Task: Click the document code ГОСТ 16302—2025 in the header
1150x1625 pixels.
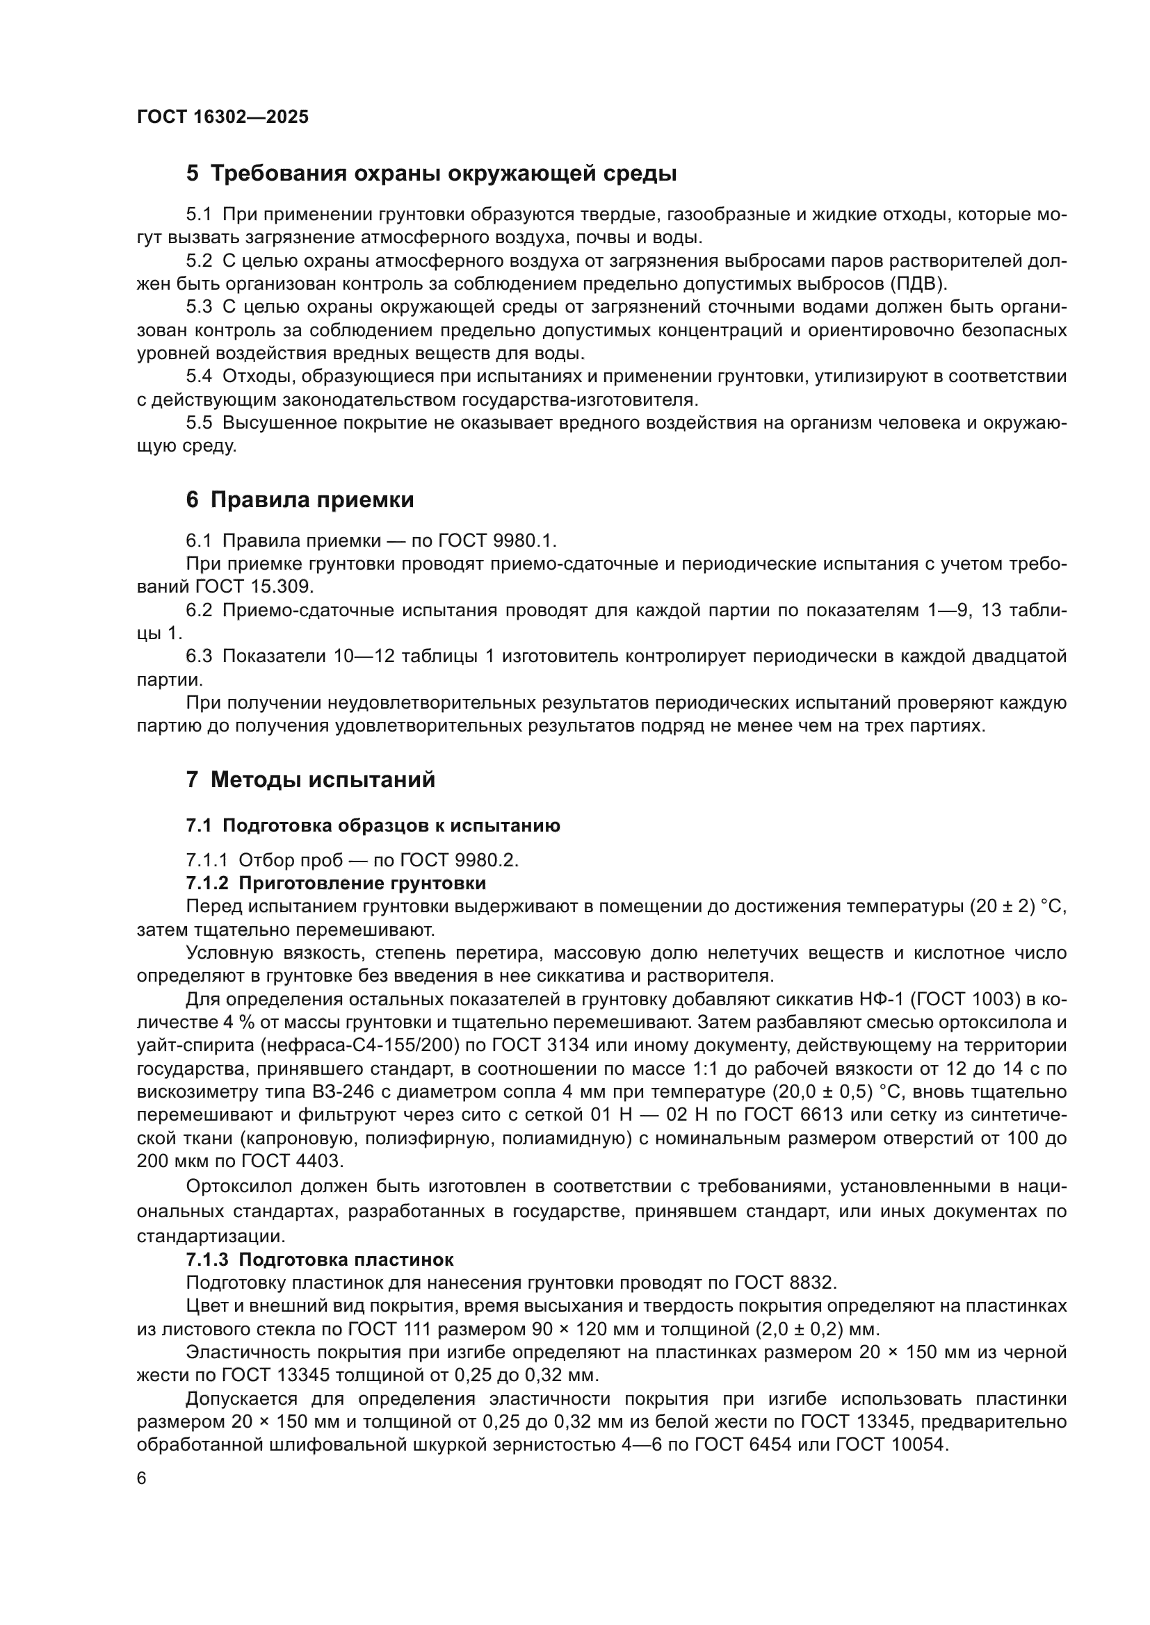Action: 223,117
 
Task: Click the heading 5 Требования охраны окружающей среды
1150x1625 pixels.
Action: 431,174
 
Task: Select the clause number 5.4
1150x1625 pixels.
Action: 199,377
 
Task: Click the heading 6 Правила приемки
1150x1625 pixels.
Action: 300,500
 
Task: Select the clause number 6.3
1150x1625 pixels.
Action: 199,656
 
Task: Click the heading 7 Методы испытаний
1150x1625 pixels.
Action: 310,780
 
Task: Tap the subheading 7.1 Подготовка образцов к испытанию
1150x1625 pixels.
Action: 373,826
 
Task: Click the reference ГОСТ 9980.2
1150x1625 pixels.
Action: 459,860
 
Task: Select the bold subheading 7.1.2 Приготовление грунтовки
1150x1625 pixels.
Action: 336,883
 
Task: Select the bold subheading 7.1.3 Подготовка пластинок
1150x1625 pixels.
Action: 319,1260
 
